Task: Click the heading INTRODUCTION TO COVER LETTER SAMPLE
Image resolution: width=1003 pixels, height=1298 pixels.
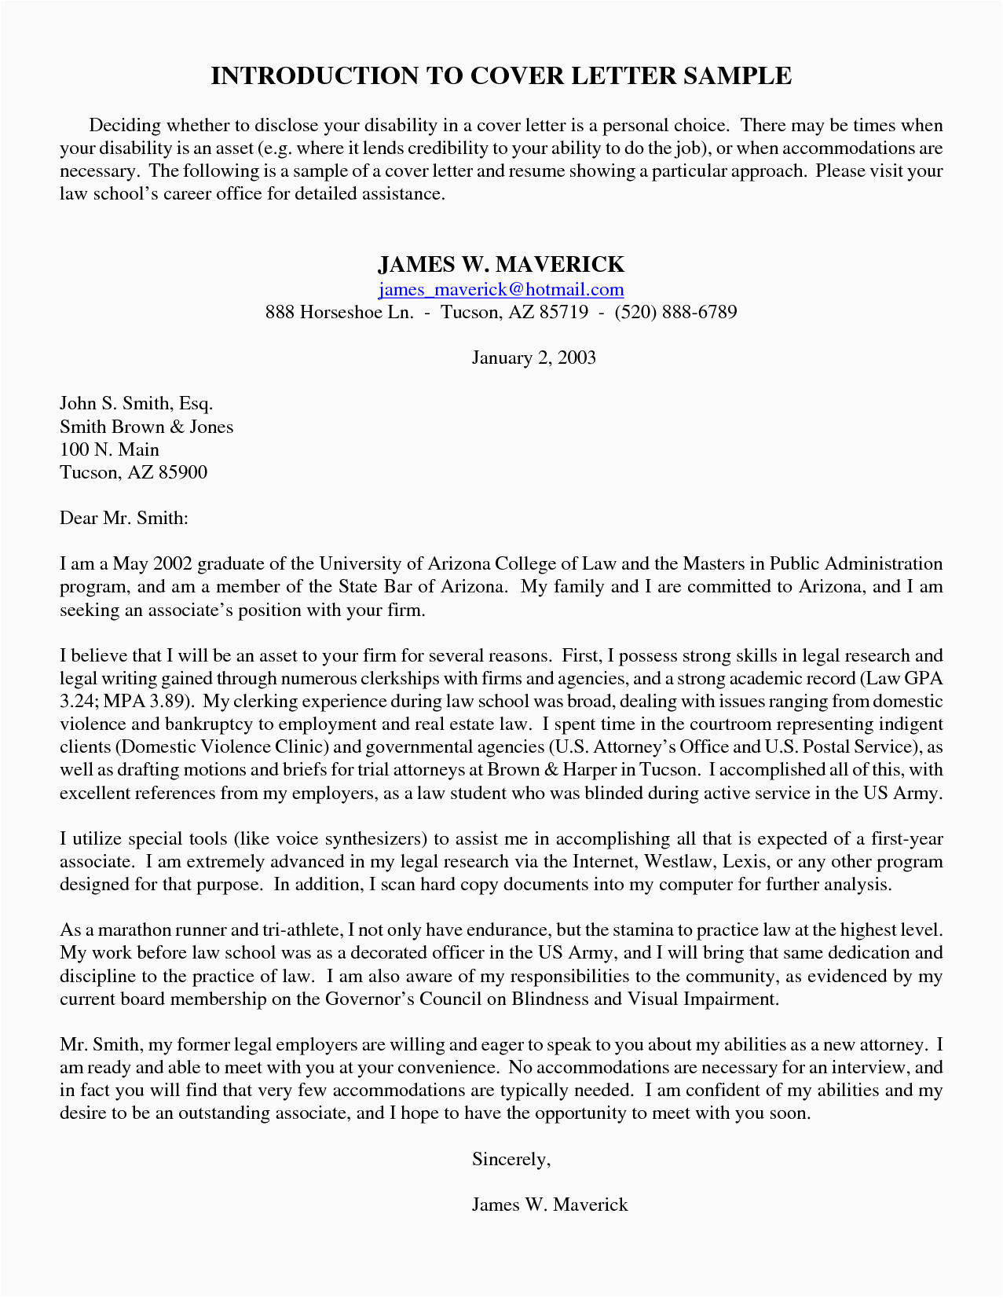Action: [501, 76]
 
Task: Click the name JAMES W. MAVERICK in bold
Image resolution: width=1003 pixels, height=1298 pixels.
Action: [501, 264]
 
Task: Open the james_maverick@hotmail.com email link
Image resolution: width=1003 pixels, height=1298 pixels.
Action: [501, 290]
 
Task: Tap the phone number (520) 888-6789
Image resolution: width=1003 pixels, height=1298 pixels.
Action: [675, 313]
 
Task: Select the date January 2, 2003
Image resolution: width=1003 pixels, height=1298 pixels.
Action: [533, 358]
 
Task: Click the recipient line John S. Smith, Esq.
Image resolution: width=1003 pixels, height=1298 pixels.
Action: [137, 404]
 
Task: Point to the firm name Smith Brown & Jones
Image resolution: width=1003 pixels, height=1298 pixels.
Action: [146, 427]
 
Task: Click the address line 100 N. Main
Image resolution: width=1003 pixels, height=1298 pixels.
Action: [109, 449]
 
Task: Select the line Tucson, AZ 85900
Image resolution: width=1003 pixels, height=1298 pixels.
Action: [134, 472]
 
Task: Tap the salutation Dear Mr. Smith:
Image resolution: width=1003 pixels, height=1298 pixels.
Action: [124, 519]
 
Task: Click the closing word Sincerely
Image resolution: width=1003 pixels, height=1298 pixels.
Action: [511, 1159]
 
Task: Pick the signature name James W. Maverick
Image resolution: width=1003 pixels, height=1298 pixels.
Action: [550, 1204]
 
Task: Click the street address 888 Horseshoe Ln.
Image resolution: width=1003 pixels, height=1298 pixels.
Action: [339, 313]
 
